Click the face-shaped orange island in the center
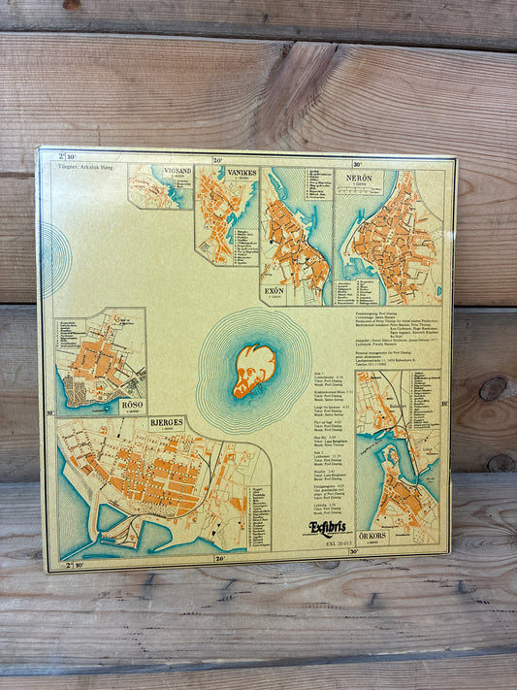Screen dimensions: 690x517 coord(254,370)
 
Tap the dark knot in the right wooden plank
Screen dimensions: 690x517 coord(492,388)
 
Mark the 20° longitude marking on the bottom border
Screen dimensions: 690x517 coord(219,558)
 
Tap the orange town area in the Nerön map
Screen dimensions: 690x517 coord(393,247)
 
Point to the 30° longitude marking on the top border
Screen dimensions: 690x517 coord(357,164)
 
